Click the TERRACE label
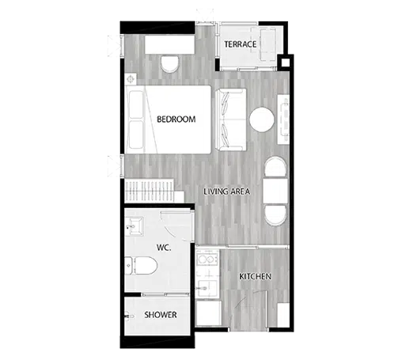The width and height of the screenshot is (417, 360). point(240,44)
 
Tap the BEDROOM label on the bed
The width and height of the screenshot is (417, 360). point(176,119)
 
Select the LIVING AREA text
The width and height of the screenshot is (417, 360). point(226,191)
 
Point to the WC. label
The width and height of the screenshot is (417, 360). point(164,248)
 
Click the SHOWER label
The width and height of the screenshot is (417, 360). point(161,315)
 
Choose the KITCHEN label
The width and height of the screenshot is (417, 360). point(256,276)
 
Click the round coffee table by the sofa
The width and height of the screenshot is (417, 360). point(262,119)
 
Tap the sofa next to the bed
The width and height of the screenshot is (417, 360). point(231,119)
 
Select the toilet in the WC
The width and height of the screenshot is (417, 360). point(141,266)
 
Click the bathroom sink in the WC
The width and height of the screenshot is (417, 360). point(135,226)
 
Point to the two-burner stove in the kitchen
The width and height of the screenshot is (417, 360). point(207,260)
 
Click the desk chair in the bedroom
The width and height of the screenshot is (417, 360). point(170,64)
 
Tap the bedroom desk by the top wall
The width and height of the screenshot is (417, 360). point(170,44)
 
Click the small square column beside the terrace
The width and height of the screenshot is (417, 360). point(286,63)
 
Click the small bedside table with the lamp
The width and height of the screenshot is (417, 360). point(131,79)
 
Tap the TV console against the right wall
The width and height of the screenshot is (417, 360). point(283,119)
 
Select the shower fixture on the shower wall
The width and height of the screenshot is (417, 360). point(129,316)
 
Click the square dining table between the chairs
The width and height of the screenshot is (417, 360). point(275,191)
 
